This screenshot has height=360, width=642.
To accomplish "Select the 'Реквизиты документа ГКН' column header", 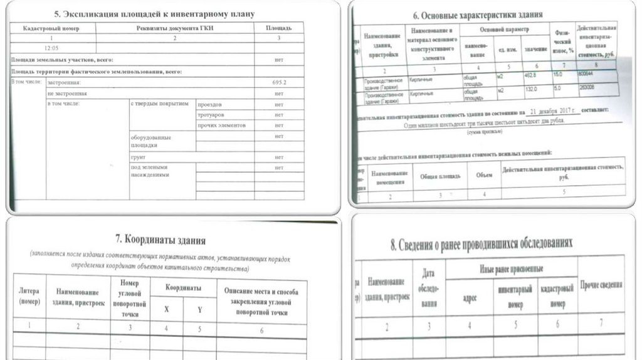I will click(176, 29).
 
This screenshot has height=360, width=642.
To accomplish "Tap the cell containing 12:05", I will click(51, 47).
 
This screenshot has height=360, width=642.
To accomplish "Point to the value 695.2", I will click(279, 83).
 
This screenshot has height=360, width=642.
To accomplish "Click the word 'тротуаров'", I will click(211, 115).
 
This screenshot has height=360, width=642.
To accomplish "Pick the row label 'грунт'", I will click(139, 157).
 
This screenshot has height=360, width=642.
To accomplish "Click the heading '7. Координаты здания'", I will click(160, 240).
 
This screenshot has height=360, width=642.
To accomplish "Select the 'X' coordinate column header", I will click(166, 309).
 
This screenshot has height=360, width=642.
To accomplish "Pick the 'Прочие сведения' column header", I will click(601, 285).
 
